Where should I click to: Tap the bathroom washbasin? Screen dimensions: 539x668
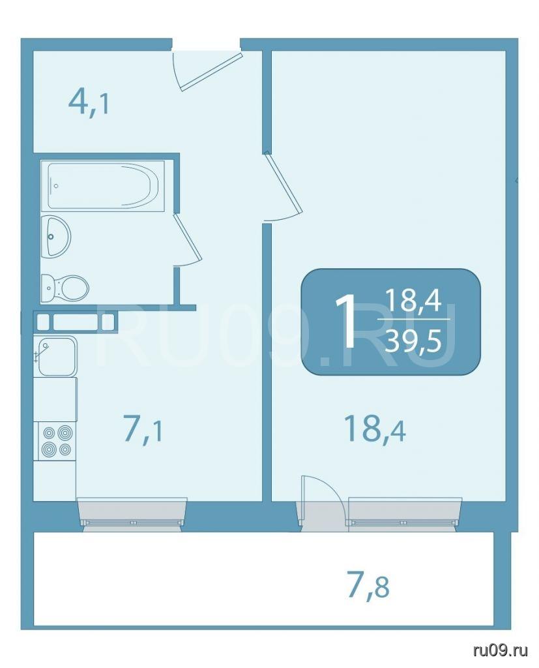pos(56,236)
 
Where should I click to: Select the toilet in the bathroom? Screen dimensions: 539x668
pos(65,288)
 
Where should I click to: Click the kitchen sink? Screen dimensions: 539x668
pos(57,356)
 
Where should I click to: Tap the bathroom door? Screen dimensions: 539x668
pos(186,237)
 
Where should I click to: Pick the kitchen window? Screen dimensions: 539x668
pos(132,515)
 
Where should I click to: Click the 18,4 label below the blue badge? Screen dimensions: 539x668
pos(375,429)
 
